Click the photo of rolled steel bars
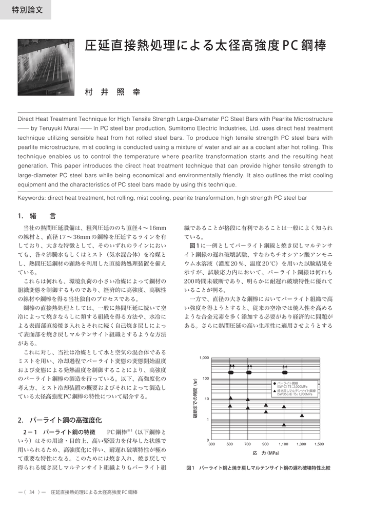pos(46,67)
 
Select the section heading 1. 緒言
pos(37,216)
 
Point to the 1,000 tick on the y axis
pos(204,358)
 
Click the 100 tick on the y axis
pos(205,379)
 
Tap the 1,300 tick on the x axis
pos(301,444)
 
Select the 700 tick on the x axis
pos(248,444)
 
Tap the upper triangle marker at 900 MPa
pos(266,405)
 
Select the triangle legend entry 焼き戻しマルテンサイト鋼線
pos(296,391)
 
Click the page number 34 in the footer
pos(32,492)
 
